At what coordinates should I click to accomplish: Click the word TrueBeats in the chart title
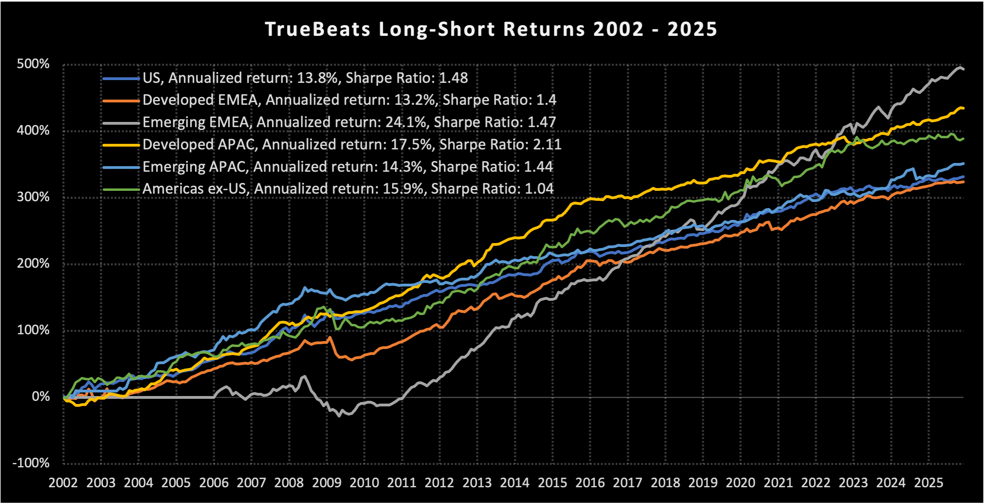(x=317, y=29)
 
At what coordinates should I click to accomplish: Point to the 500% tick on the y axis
(x=33, y=64)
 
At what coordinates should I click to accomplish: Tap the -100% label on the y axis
(x=31, y=463)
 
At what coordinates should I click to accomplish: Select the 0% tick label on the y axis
(x=41, y=396)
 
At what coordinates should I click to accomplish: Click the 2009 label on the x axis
(x=327, y=483)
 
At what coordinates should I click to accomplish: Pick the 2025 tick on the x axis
(x=928, y=483)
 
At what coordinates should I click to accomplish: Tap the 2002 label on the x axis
(x=63, y=483)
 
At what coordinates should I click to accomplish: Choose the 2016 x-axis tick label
(x=590, y=483)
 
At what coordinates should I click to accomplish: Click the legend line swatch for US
(x=121, y=78)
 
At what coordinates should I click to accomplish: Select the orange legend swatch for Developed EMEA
(x=121, y=101)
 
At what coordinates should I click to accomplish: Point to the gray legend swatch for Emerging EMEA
(x=121, y=123)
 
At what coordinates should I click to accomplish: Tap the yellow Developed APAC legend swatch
(x=121, y=145)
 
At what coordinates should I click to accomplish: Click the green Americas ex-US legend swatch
(x=121, y=190)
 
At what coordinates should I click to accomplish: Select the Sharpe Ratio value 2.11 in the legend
(x=547, y=145)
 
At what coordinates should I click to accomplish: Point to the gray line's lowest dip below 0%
(x=339, y=416)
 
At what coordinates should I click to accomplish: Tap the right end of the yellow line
(x=963, y=108)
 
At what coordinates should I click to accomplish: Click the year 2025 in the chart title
(x=692, y=29)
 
